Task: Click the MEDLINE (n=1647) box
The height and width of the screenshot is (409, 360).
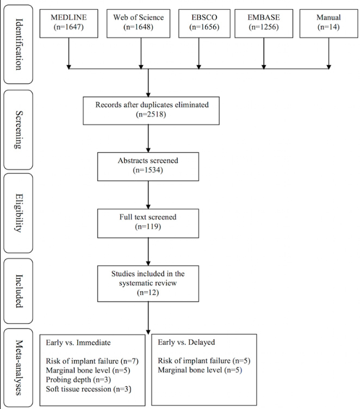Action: (69, 22)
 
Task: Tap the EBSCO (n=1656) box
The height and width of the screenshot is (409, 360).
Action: (200, 22)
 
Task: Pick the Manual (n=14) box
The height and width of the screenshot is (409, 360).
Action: (328, 22)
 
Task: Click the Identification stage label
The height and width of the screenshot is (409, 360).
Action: (19, 44)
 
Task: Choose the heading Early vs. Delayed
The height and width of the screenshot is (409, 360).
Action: (186, 343)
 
